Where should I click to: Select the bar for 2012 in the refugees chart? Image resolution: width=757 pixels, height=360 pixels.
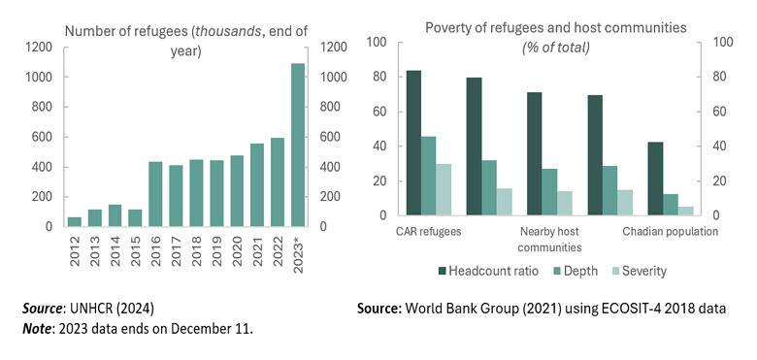coord(75,221)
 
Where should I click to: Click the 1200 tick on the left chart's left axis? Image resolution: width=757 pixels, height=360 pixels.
coord(40,47)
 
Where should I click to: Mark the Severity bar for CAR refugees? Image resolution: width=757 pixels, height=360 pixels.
coord(444,189)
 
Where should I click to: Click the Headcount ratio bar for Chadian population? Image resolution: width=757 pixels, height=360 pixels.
coord(655,179)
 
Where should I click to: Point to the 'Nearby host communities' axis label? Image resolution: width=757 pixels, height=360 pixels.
coord(549,239)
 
